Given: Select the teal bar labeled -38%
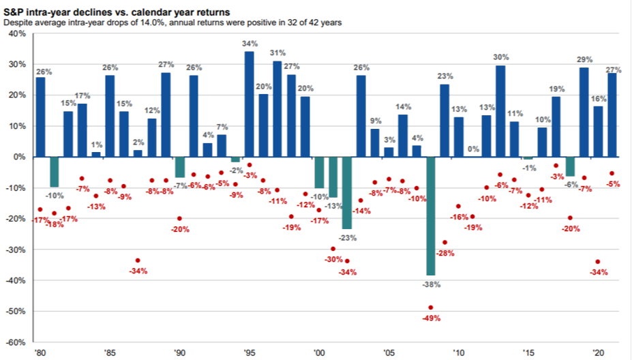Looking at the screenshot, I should point(430,215).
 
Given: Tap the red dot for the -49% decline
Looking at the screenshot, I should point(430,307).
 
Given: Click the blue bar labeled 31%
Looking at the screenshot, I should point(277,109).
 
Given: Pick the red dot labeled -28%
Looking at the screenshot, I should point(445,242).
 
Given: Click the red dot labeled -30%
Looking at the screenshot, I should point(333,249).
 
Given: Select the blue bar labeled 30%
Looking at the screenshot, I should point(500,110).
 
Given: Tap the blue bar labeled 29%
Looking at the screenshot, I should point(584,112).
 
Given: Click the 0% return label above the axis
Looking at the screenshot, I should point(472,149).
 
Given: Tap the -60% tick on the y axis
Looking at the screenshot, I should point(14,342).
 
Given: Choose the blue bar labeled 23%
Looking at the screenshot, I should point(445,120).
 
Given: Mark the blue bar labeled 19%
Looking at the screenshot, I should point(556,127).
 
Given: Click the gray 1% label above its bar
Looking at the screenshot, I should point(96,145).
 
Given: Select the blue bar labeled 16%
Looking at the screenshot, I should point(598,131).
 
